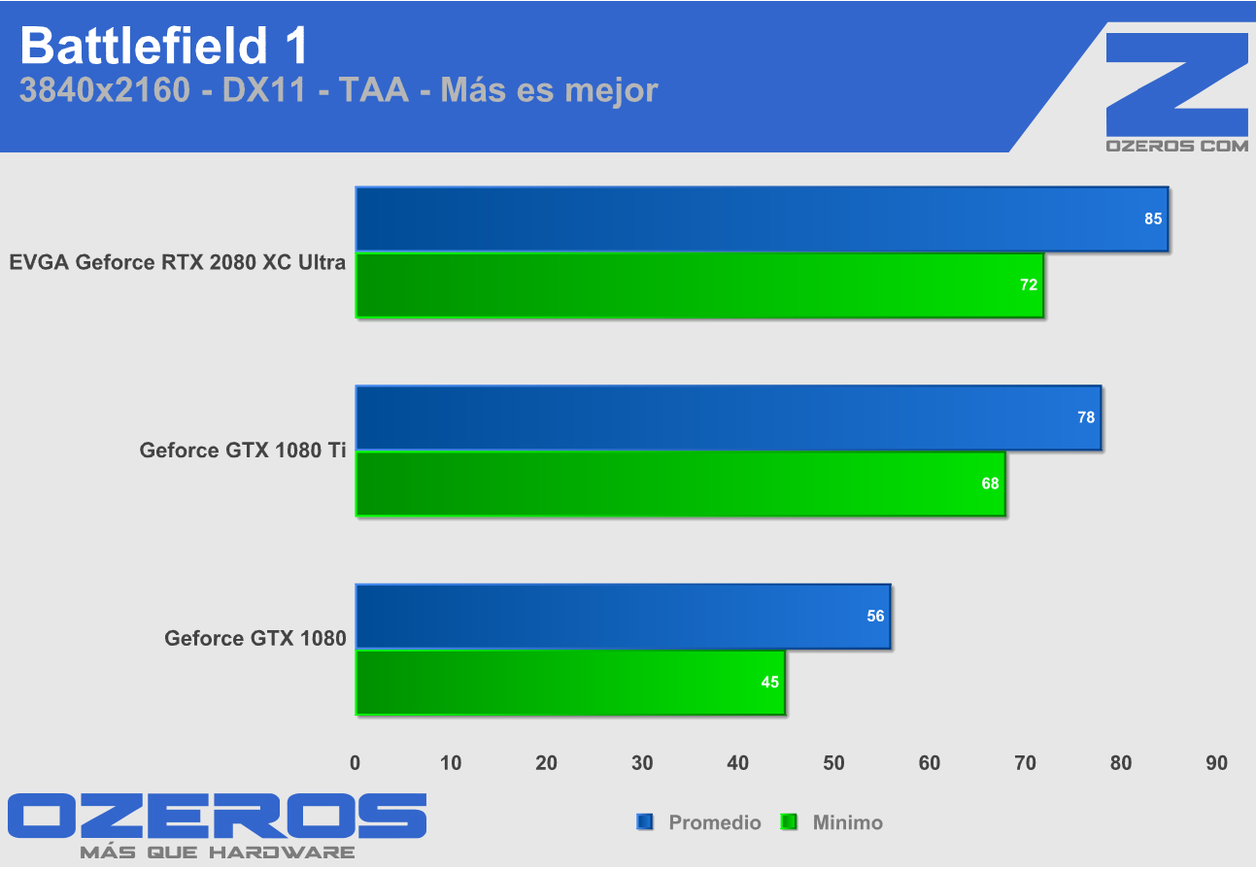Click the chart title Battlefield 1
(x=164, y=45)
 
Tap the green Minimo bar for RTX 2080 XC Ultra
(x=698, y=285)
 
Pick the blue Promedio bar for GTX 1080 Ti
(x=728, y=418)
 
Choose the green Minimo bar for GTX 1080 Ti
(x=680, y=484)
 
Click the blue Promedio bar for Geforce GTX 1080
(x=622, y=617)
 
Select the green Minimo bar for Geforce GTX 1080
(x=569, y=683)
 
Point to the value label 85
(x=1153, y=219)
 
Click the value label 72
(x=1029, y=285)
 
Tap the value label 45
(x=770, y=683)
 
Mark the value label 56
(x=876, y=617)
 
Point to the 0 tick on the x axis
(x=356, y=763)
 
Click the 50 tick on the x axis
(x=833, y=763)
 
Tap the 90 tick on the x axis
(x=1216, y=763)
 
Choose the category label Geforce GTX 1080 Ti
(x=243, y=451)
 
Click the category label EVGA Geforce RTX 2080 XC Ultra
(x=178, y=262)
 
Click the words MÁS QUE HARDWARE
(x=217, y=852)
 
